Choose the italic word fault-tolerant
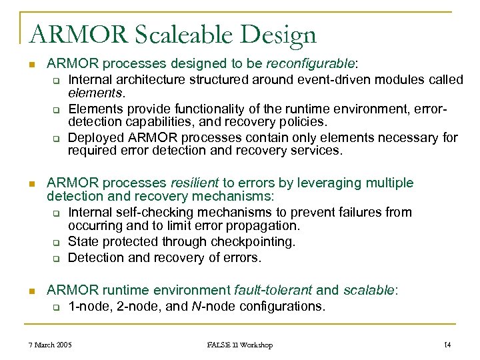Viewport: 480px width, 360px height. pos(273,290)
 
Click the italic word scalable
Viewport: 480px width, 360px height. pos(369,290)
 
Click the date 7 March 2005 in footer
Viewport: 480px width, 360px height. pos(51,345)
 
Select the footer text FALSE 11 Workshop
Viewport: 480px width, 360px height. pos(239,345)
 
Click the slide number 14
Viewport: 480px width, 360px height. pos(447,345)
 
